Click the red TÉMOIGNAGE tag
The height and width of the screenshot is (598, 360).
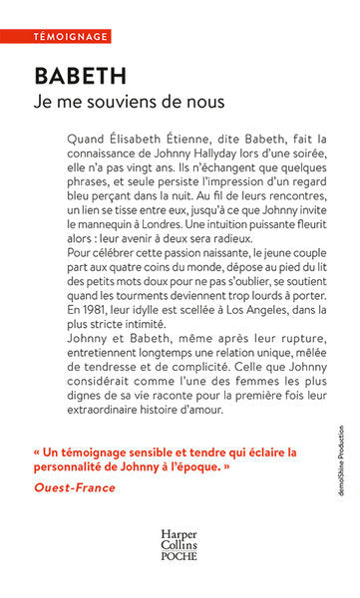(x=55, y=37)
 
